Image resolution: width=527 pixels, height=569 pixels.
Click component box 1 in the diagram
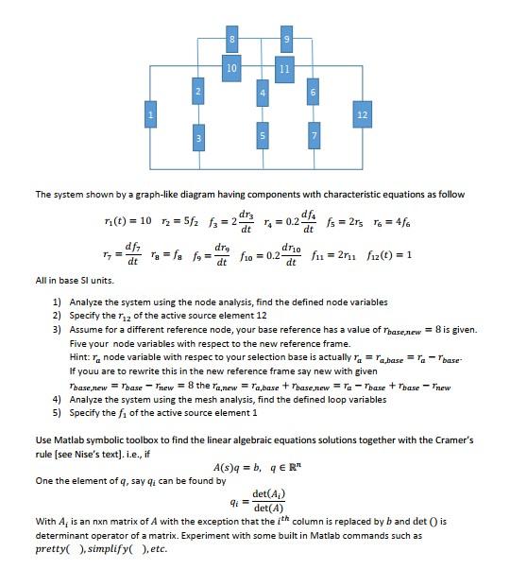click(x=148, y=115)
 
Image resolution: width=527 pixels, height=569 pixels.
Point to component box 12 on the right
click(x=362, y=115)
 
